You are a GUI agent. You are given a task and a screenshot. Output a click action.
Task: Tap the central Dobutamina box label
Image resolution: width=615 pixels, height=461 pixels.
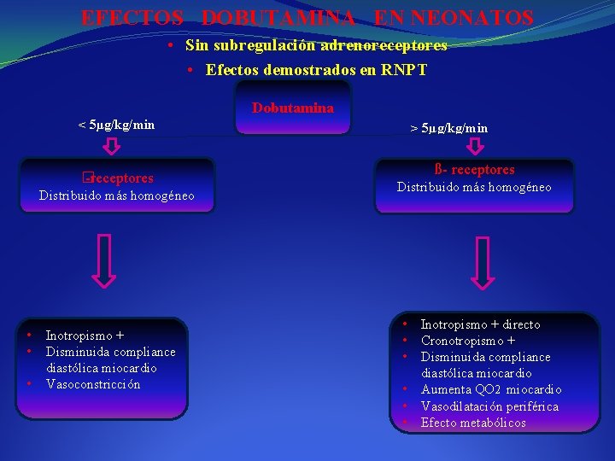pos(293,108)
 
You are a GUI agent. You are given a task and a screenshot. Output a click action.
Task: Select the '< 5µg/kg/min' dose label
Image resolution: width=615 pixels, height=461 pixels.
pos(117,125)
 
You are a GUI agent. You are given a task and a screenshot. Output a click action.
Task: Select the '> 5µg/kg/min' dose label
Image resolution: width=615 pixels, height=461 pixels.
pos(449,128)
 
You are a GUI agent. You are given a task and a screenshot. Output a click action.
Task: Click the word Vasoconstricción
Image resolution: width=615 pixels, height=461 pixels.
pos(93,384)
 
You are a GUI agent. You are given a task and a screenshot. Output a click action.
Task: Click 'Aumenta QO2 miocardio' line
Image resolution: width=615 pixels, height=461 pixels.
pos(491,389)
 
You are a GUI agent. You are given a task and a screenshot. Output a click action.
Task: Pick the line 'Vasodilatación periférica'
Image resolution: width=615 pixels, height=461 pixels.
pos(489,406)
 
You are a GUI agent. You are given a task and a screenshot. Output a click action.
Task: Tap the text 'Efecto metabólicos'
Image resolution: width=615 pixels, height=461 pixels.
pos(473,423)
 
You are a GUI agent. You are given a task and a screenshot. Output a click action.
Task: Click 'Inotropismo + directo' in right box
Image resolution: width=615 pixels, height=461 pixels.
pos(480,324)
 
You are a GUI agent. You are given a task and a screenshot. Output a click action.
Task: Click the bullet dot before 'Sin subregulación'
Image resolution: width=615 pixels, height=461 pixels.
pos(173,44)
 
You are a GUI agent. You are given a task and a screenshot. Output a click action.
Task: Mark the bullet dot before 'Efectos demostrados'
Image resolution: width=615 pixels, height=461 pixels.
pos(193,70)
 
